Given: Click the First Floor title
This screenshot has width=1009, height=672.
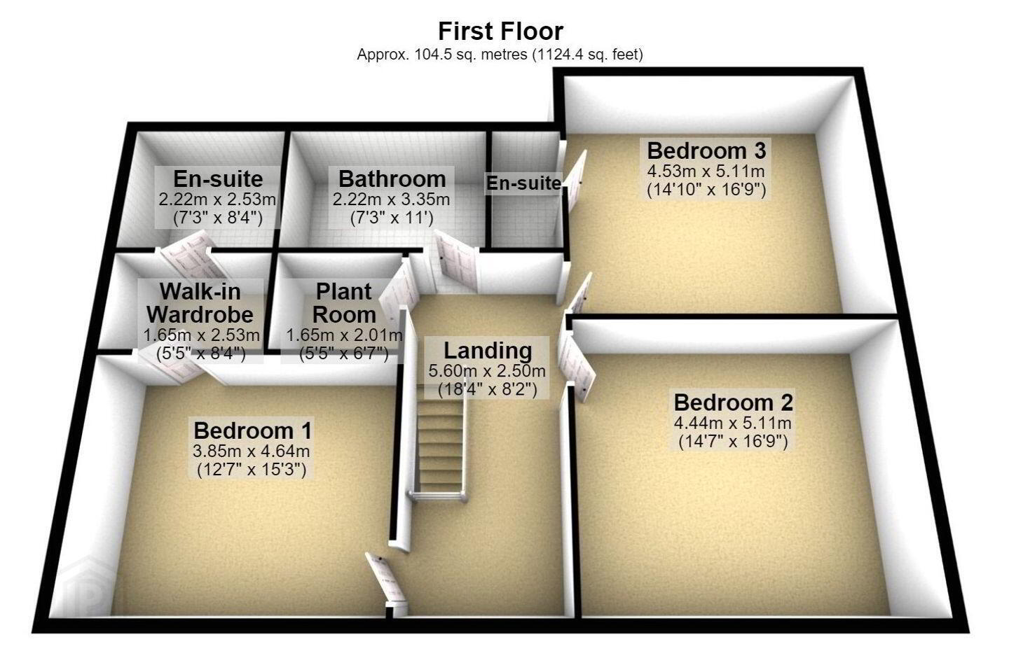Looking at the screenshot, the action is [500, 31].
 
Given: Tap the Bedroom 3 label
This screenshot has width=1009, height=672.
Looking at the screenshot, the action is [706, 150].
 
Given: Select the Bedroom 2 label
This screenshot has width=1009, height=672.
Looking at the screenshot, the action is [733, 402].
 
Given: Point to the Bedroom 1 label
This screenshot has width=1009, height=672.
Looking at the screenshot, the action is [252, 430].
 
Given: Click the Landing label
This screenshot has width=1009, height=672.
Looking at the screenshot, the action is [488, 351].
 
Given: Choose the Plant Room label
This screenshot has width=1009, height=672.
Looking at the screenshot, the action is [344, 303].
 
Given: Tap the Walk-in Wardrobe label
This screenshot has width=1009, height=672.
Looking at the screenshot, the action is [200, 303].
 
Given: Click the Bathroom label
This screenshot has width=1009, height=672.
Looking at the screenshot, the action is [392, 179].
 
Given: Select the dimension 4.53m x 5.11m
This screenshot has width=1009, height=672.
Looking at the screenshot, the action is [706, 171].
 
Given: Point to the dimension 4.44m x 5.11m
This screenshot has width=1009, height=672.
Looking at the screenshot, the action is [732, 423].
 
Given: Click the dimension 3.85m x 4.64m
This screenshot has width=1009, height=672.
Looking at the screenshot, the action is [252, 451].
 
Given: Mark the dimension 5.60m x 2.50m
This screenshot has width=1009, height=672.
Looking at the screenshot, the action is [487, 371].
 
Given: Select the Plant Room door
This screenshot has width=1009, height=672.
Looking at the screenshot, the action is [399, 291].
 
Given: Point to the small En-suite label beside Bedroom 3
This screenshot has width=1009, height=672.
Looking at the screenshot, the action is [523, 183].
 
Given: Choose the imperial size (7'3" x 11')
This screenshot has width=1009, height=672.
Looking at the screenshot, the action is [392, 218].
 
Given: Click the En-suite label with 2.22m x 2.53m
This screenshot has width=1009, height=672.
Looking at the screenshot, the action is [218, 179].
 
